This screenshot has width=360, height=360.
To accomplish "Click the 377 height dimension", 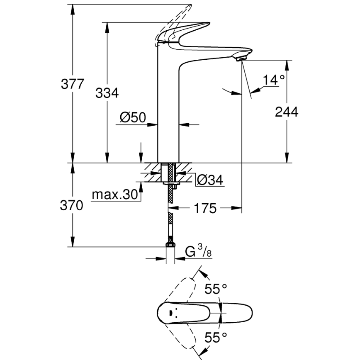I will (x=73, y=84).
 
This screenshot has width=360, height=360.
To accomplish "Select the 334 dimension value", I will (x=107, y=93).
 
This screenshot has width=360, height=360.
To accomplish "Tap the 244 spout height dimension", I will (x=286, y=111).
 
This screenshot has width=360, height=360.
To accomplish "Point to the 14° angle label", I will (x=274, y=80).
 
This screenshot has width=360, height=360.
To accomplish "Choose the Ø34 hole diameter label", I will (x=210, y=180).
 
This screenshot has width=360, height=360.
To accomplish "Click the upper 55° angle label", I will (x=216, y=289).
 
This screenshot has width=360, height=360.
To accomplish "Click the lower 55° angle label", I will (x=216, y=337).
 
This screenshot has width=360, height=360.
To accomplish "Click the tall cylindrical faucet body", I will (x=168, y=108).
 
